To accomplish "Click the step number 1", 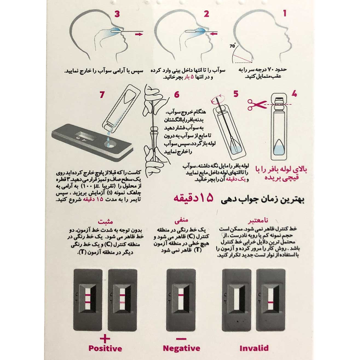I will (x=285, y=13).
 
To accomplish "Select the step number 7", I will (x=102, y=95).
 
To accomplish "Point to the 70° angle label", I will (x=232, y=46).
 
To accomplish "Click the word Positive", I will (x=105, y=348).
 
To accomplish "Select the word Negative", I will (x=181, y=348).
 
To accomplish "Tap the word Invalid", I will (x=254, y=348).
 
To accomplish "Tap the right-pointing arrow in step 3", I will (x=139, y=34).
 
